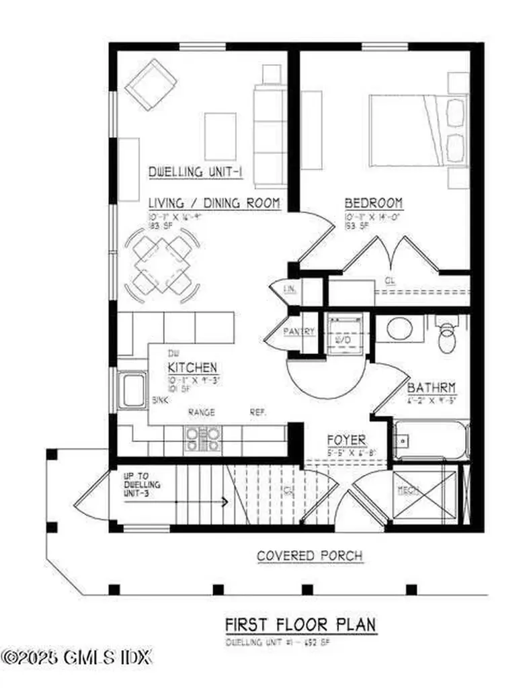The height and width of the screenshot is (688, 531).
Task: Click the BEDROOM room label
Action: (373, 203)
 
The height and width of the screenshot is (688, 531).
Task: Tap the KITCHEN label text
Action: (192, 368)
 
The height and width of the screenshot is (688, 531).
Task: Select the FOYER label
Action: (346, 440)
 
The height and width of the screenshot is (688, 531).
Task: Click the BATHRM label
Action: (432, 388)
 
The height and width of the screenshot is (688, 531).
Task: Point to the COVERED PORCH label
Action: (310, 556)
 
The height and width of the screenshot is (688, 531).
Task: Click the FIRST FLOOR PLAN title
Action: (300, 624)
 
